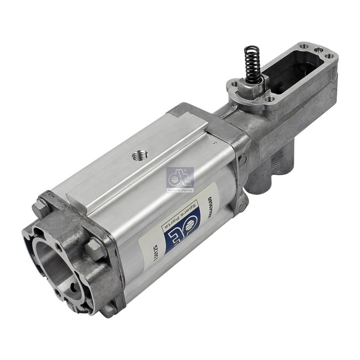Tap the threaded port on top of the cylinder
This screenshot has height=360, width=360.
(x=137, y=156)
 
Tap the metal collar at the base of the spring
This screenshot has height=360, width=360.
(x=254, y=83)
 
